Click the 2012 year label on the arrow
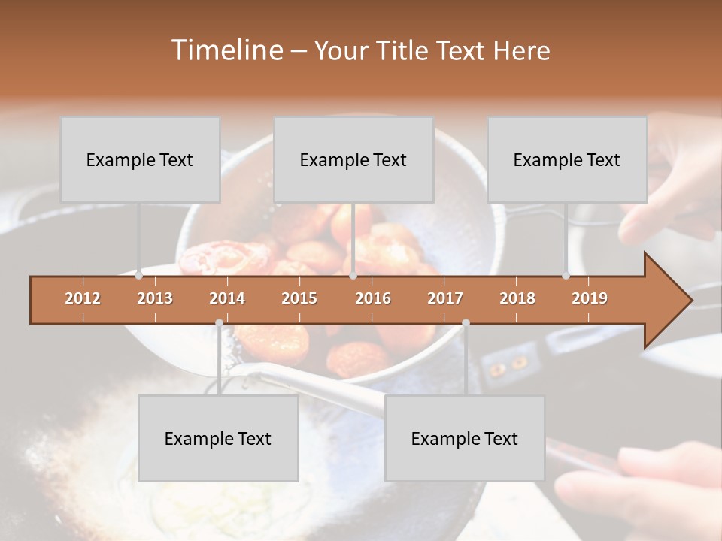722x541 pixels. (x=83, y=298)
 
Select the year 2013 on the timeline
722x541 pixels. (x=155, y=298)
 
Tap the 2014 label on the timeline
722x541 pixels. (x=227, y=298)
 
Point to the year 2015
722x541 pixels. (x=299, y=298)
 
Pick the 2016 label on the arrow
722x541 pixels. (x=373, y=298)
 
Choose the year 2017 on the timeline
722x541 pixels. (x=445, y=298)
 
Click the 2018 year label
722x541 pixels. (x=517, y=298)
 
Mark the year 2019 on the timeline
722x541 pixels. (x=590, y=298)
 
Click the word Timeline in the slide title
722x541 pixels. (x=226, y=50)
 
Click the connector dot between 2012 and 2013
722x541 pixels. (x=138, y=275)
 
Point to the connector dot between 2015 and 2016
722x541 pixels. (x=352, y=275)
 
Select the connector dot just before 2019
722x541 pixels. (x=566, y=275)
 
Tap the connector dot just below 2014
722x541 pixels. (x=219, y=322)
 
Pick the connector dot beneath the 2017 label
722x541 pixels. (x=466, y=322)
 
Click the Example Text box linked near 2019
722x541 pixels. (x=567, y=159)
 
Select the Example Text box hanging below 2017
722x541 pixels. (x=465, y=438)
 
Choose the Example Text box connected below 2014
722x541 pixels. (x=218, y=438)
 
